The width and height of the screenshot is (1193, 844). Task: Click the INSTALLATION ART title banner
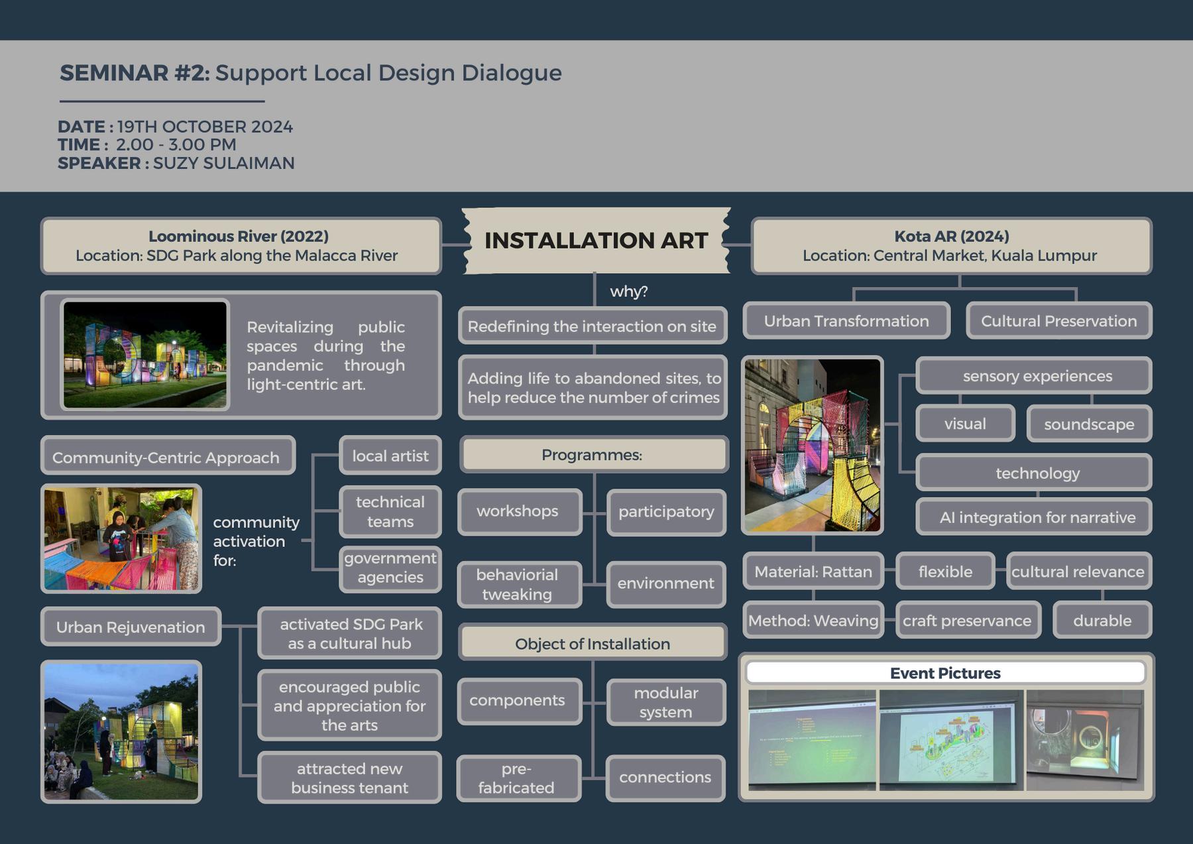click(595, 240)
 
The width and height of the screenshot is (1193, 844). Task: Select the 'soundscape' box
click(1089, 424)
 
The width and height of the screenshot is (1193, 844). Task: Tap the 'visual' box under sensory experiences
click(965, 424)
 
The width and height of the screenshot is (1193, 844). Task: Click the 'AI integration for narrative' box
click(1037, 517)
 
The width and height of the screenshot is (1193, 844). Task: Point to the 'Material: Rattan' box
click(813, 572)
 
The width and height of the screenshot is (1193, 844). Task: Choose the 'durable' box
click(1102, 621)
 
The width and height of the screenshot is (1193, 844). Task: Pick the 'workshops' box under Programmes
click(518, 511)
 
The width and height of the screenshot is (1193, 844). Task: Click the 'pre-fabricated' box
click(516, 778)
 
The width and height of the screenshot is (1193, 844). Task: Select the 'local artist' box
click(390, 455)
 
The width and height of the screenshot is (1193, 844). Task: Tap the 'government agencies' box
click(390, 568)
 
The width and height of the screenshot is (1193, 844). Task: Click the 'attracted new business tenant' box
click(349, 778)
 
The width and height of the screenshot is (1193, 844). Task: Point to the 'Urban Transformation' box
click(846, 321)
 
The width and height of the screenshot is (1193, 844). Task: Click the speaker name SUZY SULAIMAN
click(223, 163)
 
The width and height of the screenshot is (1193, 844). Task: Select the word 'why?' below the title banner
click(628, 291)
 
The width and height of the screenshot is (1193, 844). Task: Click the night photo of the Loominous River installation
click(145, 354)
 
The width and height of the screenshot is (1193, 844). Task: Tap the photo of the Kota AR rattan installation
click(812, 444)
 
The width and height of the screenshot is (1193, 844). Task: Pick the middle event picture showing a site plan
click(950, 740)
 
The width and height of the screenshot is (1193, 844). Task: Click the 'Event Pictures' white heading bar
click(945, 673)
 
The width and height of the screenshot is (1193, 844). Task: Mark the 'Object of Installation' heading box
click(593, 644)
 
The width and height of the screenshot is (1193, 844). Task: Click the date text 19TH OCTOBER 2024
click(205, 127)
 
